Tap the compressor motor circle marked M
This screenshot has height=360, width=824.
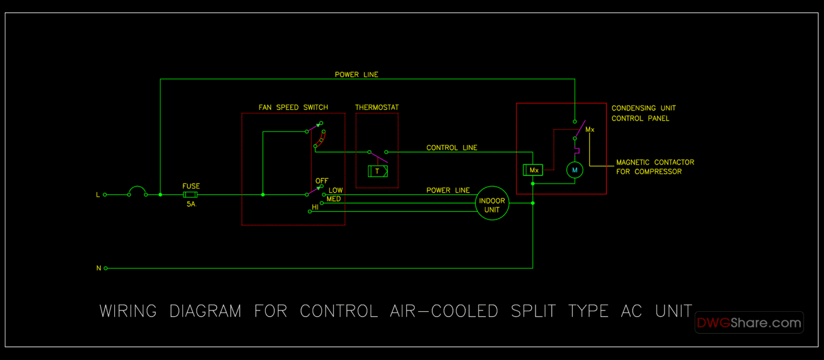coord(575,170)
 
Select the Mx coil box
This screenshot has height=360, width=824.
coord(533,170)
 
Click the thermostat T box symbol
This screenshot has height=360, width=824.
coord(378,171)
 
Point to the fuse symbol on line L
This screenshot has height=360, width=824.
coord(191,195)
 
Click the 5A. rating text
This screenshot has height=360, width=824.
coord(192,204)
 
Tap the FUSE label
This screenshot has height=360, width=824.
coord(191,186)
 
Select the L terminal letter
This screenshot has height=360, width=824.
coord(98,195)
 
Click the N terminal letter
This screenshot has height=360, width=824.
coord(98,268)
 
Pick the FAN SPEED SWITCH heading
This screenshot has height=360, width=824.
coord(293,107)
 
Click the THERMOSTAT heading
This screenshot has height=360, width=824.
coord(377,107)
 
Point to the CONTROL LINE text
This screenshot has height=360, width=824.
coord(452,148)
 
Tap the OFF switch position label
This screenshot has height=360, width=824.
coord(322,181)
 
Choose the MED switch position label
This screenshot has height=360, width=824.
coord(334,199)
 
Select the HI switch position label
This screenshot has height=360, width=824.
coord(315,207)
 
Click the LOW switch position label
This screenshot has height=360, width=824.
coord(336,190)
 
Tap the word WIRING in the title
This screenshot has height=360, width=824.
coord(128,311)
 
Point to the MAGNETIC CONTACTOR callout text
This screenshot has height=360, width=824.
coord(655,162)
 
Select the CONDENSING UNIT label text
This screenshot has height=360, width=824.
coord(644,108)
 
